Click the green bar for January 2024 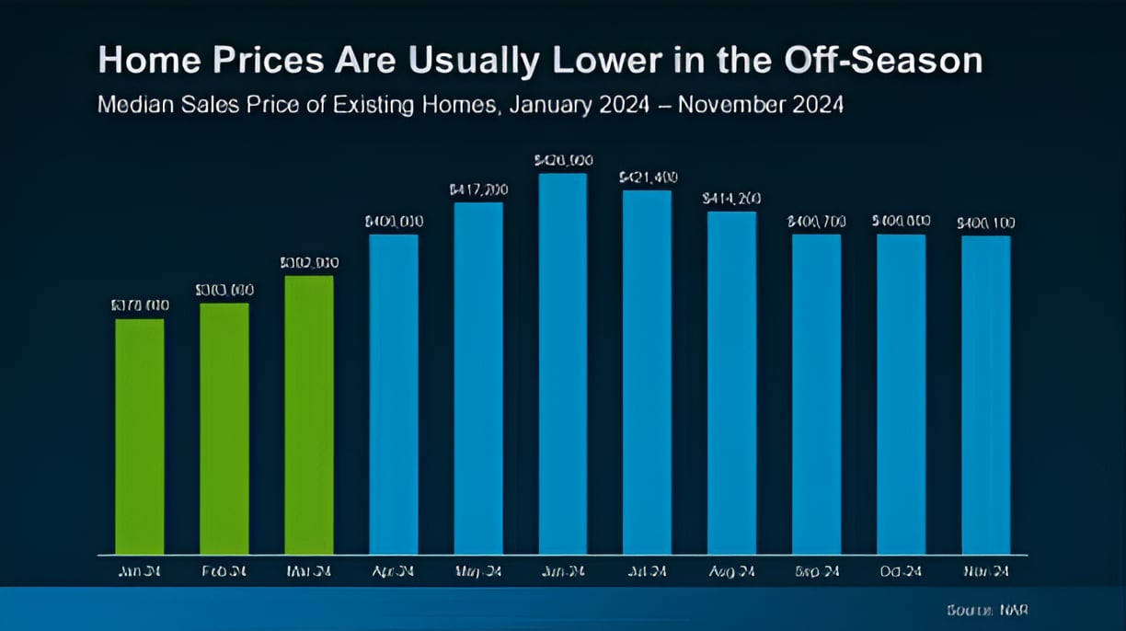tap(140, 437)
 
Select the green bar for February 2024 tap(224, 429)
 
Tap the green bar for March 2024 tap(309, 415)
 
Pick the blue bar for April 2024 tap(394, 395)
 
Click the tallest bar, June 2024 tap(563, 364)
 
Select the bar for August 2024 tap(732, 384)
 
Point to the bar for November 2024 tap(986, 396)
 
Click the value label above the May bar tap(478, 189)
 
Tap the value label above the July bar tap(648, 176)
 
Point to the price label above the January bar tap(140, 305)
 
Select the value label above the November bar tap(986, 223)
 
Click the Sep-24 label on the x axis tap(817, 571)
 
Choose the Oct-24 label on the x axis tap(902, 571)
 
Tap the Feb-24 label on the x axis tap(224, 571)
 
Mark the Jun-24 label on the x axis tap(563, 571)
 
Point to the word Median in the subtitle tap(134, 105)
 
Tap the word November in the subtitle tap(736, 105)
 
